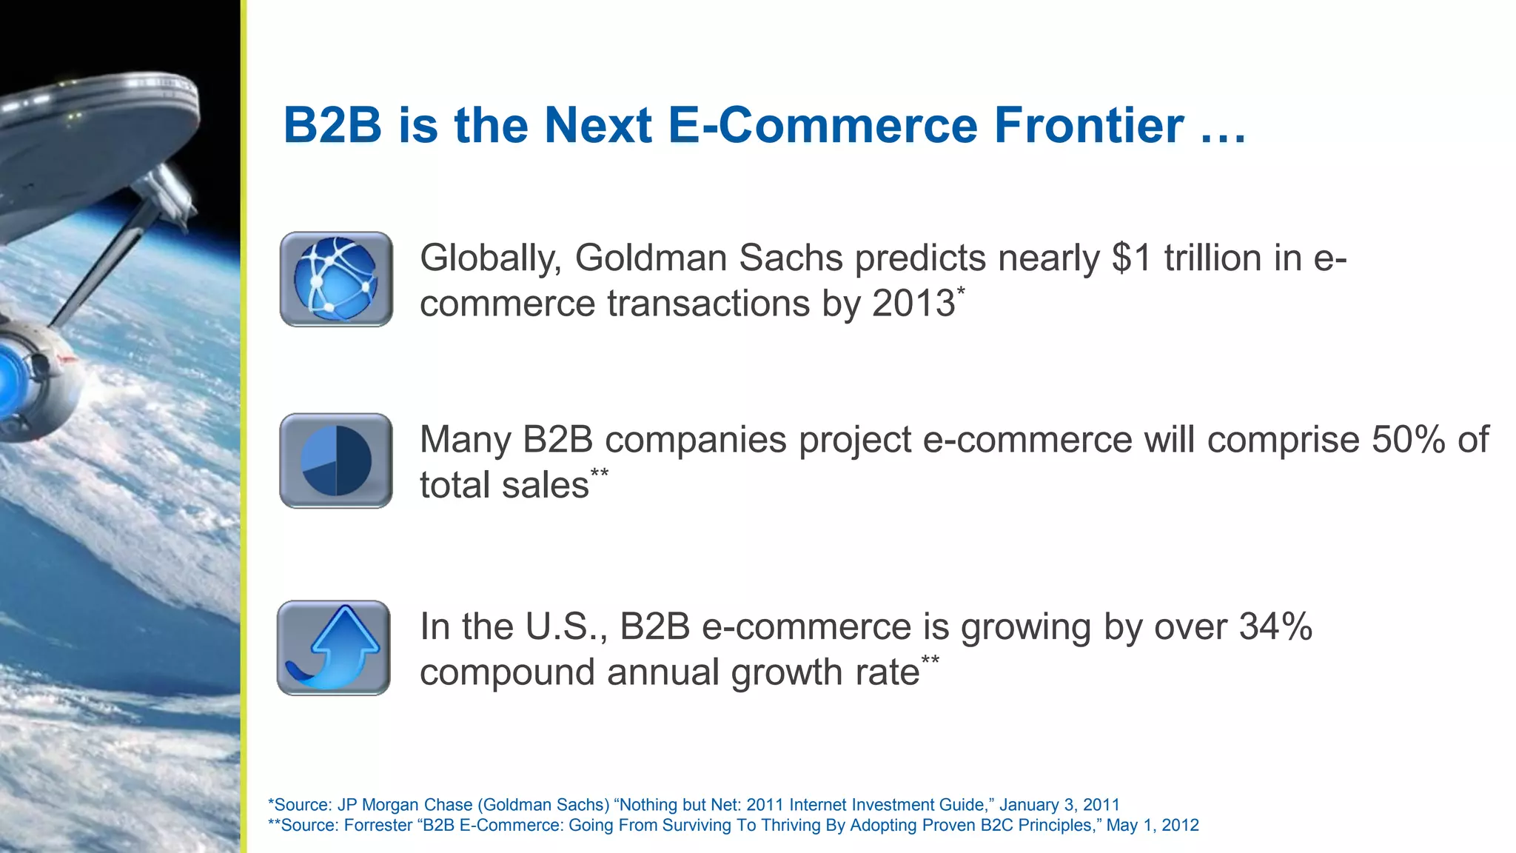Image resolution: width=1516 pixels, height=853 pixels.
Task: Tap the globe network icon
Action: pyautogui.click(x=336, y=279)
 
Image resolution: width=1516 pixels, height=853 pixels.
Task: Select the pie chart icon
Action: pyautogui.click(x=336, y=461)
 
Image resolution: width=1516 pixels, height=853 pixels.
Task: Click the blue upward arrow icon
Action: pyautogui.click(x=334, y=648)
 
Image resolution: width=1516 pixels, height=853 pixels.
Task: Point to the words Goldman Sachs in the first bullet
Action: pyautogui.click(x=708, y=258)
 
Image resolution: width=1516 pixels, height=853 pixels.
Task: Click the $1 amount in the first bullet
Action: pyautogui.click(x=1132, y=258)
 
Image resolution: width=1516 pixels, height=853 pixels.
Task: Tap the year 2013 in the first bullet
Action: pyautogui.click(x=913, y=304)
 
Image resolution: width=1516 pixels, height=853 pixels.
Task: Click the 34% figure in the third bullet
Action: pyautogui.click(x=1275, y=627)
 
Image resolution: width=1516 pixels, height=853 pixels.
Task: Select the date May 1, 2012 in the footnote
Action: pyautogui.click(x=1152, y=825)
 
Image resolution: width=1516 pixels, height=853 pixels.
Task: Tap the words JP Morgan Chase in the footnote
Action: pyautogui.click(x=404, y=805)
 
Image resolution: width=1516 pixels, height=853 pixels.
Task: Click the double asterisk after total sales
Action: pyautogui.click(x=600, y=473)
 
